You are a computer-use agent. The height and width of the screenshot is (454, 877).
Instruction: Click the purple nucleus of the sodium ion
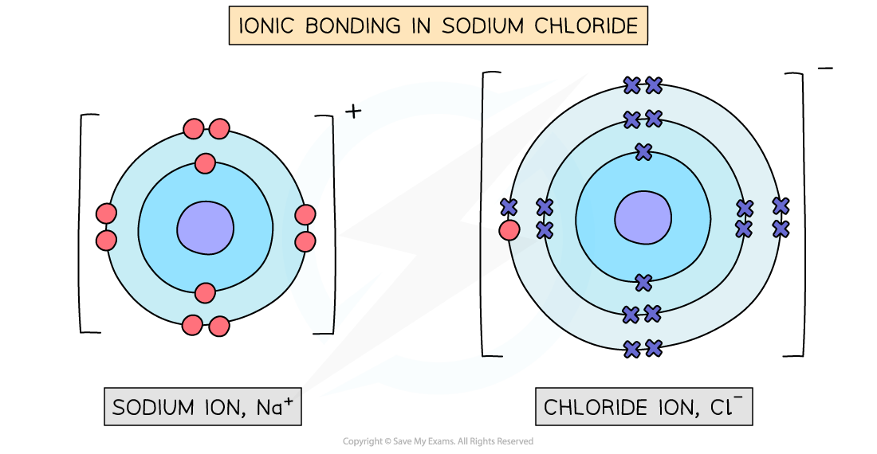[x=205, y=227]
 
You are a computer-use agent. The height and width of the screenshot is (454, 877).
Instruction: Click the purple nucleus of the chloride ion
[x=643, y=217]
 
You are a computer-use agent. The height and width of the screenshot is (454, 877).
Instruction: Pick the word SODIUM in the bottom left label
[x=154, y=408]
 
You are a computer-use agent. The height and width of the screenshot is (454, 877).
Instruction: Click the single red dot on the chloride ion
[x=509, y=231]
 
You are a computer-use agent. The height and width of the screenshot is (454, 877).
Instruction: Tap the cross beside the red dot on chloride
[x=509, y=207]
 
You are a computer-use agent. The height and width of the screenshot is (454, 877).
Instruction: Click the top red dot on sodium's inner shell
[x=205, y=164]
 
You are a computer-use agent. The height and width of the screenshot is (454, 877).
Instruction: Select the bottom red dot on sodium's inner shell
[x=205, y=292]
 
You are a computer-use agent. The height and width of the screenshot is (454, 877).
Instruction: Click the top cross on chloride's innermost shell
[x=643, y=151]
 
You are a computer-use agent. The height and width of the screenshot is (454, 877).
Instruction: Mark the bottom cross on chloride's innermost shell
[x=643, y=282]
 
